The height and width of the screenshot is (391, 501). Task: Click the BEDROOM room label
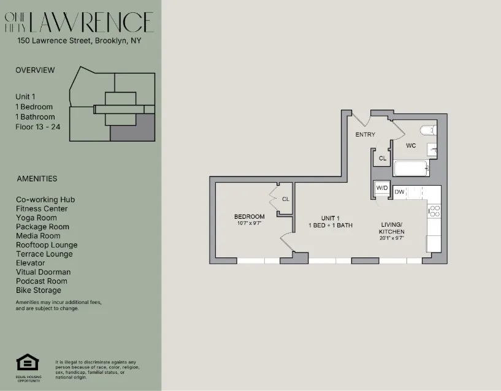tap(249, 216)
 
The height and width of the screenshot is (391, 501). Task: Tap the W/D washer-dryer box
tap(382, 188)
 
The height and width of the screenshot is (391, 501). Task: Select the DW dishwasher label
tap(399, 192)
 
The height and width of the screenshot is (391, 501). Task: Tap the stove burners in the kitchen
tap(434, 211)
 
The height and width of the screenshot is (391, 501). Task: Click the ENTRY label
tap(365, 135)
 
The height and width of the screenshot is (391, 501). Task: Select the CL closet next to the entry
tap(382, 158)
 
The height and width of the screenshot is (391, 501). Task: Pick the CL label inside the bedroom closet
tap(285, 199)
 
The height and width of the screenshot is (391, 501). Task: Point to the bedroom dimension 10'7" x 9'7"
tap(249, 224)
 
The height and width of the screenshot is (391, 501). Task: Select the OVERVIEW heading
tap(35, 70)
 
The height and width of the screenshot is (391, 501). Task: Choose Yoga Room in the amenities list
tap(36, 218)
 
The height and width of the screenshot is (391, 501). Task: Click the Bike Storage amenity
tap(38, 290)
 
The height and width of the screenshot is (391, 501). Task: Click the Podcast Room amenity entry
tap(41, 281)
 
